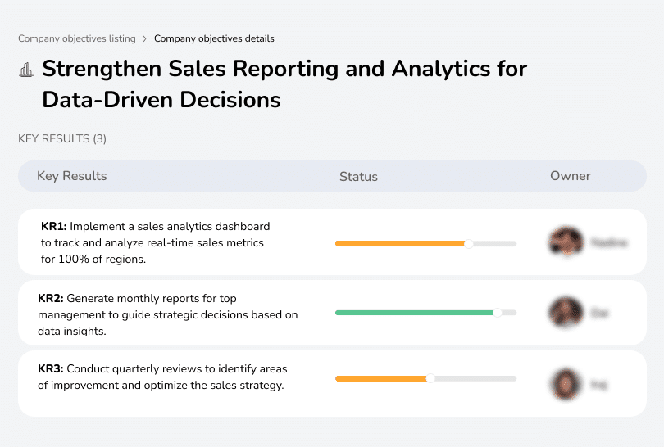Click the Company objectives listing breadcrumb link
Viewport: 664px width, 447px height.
point(77,38)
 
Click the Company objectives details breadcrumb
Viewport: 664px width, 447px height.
point(214,38)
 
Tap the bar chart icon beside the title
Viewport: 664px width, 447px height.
point(26,70)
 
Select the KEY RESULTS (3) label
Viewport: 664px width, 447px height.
point(62,139)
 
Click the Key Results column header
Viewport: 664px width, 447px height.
point(72,176)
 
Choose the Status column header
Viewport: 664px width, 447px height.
point(358,176)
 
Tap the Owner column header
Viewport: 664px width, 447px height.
point(571,176)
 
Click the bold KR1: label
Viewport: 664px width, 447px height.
point(53,226)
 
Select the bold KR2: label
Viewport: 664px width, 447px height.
point(50,299)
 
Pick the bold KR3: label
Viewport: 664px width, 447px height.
point(50,369)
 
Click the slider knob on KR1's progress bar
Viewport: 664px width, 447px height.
point(469,243)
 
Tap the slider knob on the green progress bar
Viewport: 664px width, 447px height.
point(497,312)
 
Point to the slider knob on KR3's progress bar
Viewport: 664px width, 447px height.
point(430,378)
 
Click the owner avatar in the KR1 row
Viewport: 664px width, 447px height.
point(565,242)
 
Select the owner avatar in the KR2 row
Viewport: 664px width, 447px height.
point(565,312)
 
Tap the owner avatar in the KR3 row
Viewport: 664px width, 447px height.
point(565,383)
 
